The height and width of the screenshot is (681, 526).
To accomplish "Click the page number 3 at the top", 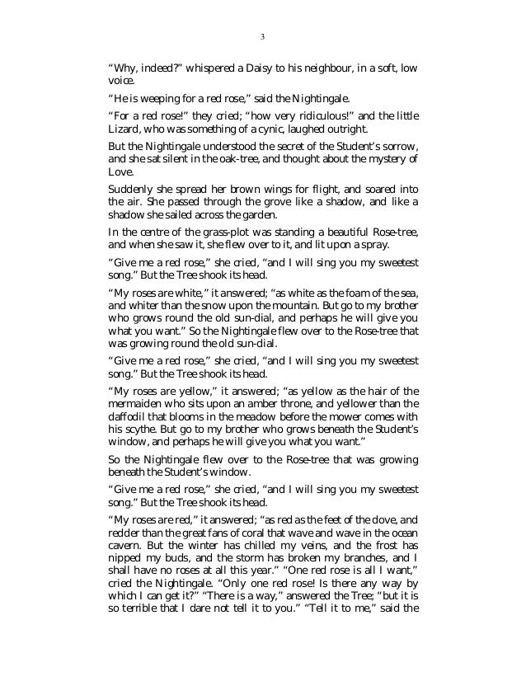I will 262,36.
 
